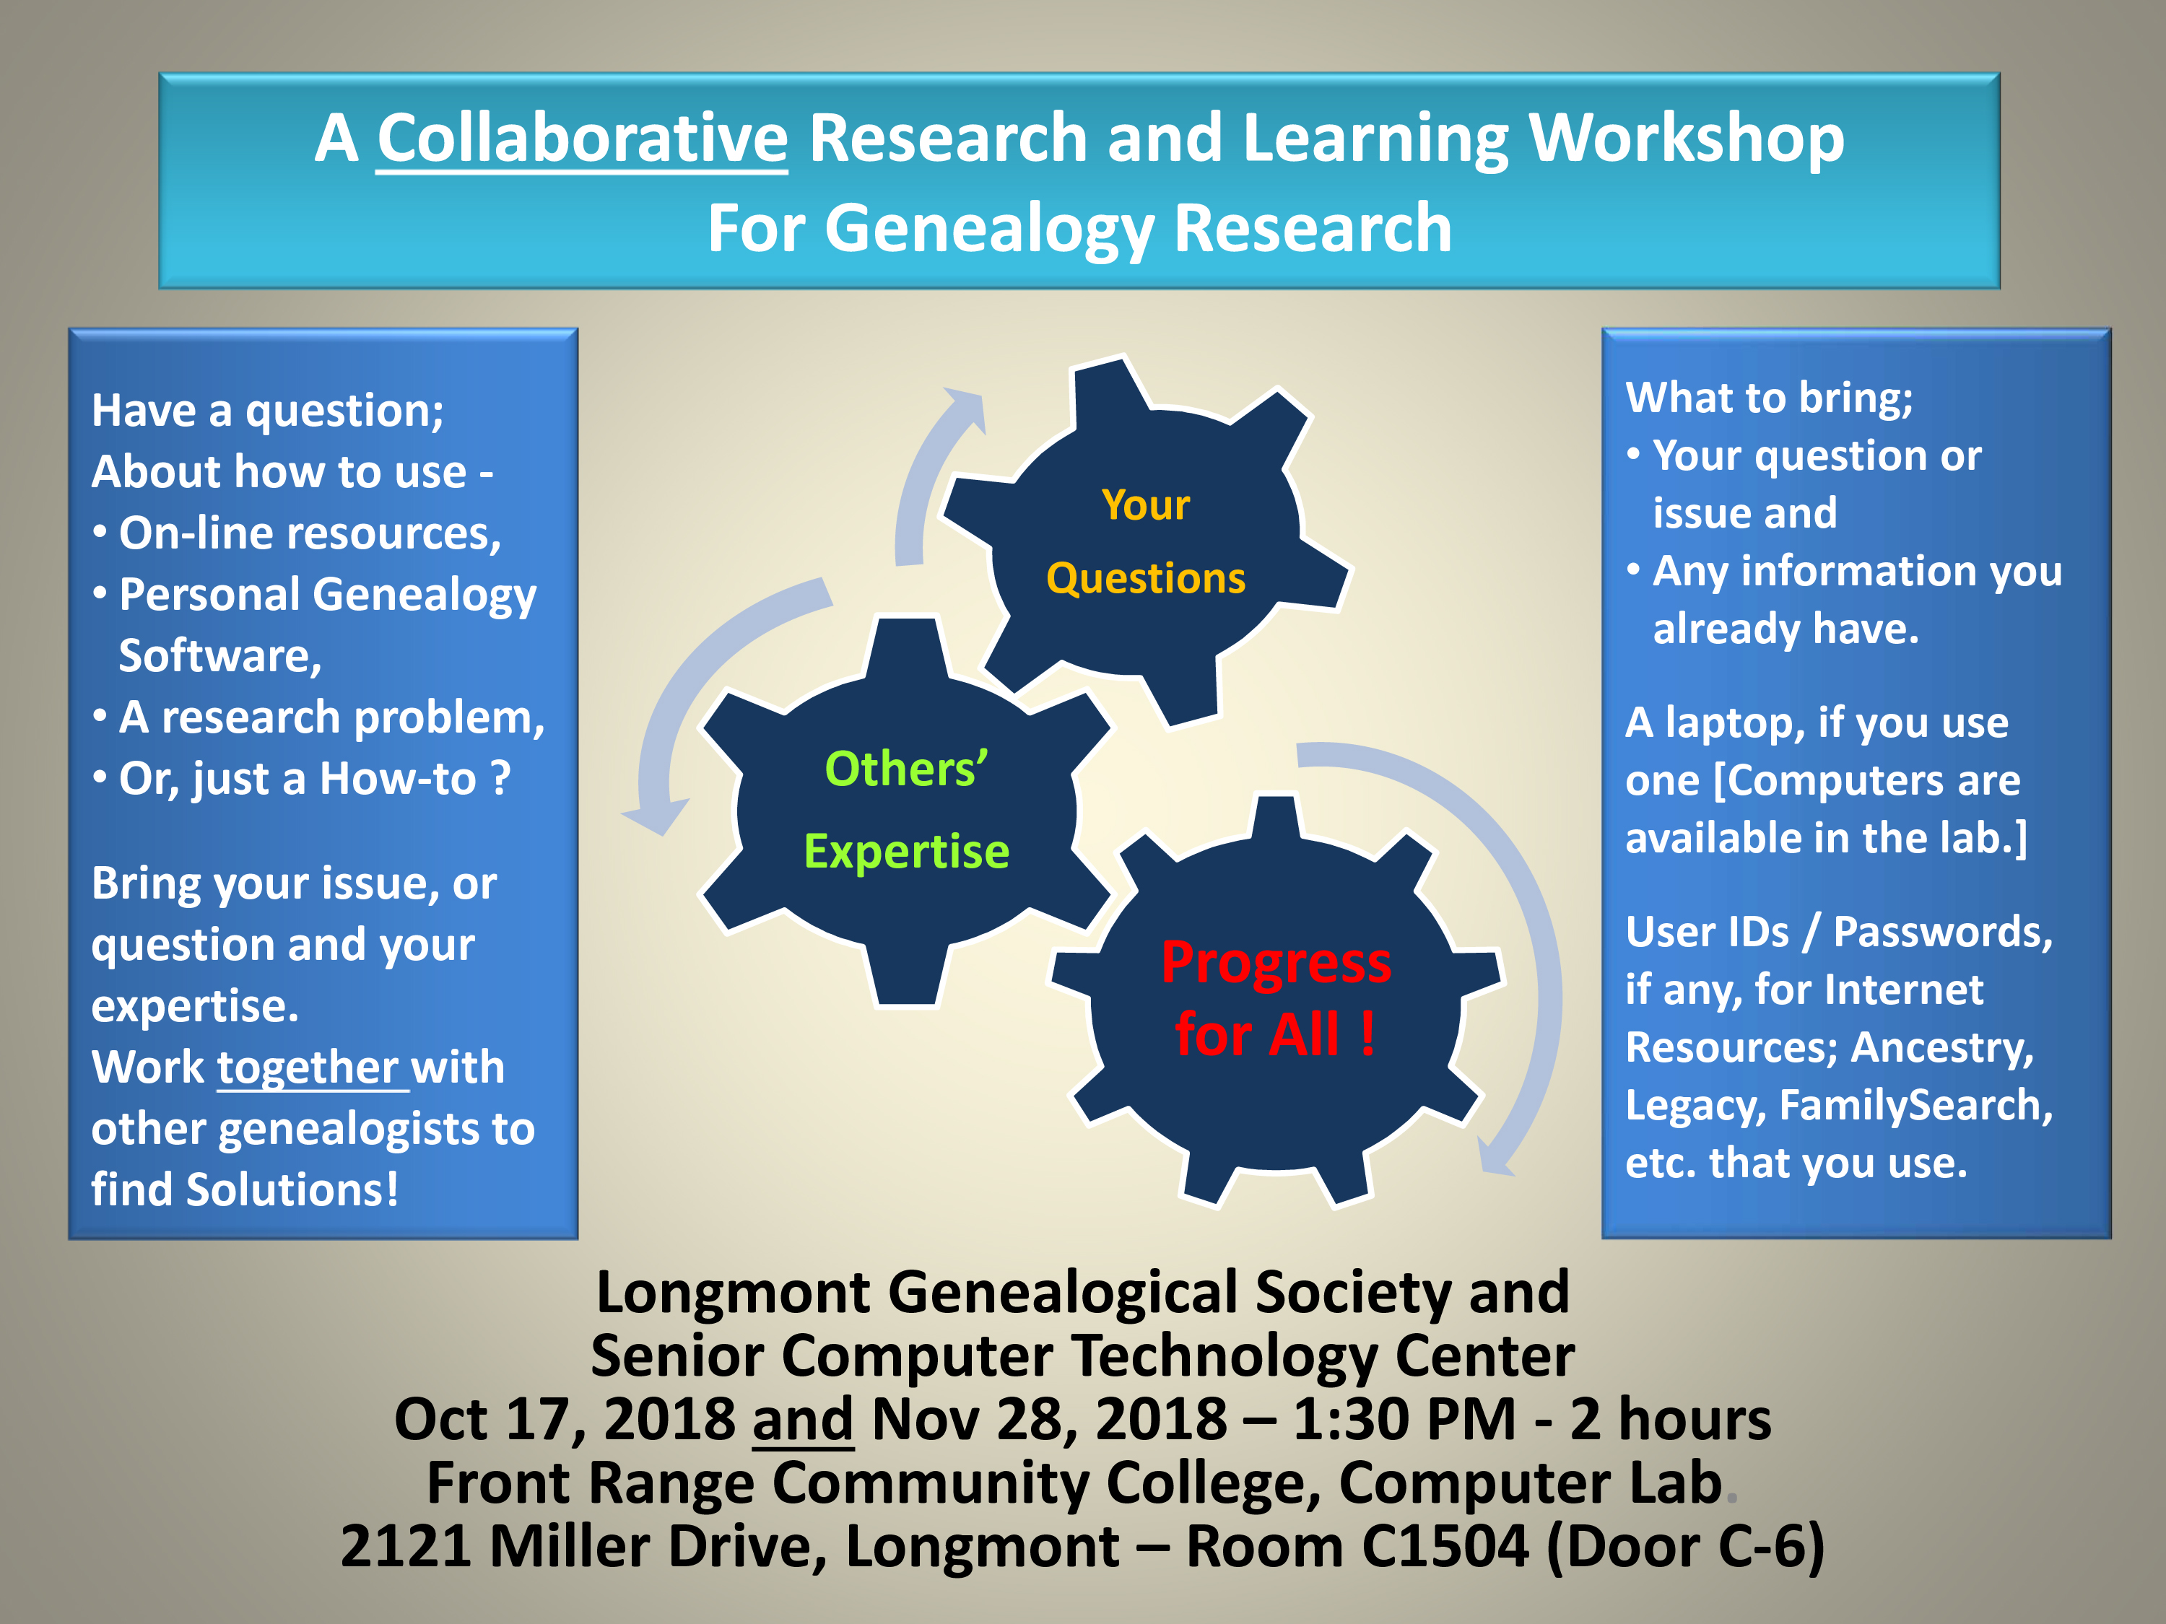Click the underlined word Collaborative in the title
pyautogui.click(x=582, y=139)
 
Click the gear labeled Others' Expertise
pyautogui.click(x=906, y=811)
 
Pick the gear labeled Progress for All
pyautogui.click(x=1276, y=1000)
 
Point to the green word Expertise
pyautogui.click(x=906, y=852)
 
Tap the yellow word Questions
pyautogui.click(x=1146, y=577)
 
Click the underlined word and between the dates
pyautogui.click(x=803, y=1420)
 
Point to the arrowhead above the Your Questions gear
pyautogui.click(x=965, y=409)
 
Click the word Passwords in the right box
pyautogui.click(x=1941, y=933)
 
